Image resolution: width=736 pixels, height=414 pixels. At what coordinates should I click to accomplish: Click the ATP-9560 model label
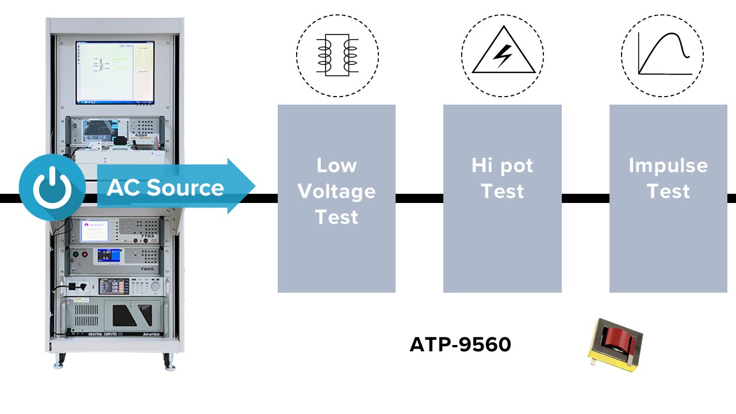click(460, 344)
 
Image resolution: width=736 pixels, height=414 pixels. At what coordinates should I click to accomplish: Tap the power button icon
click(52, 187)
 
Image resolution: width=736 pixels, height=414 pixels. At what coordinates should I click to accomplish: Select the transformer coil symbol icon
click(337, 55)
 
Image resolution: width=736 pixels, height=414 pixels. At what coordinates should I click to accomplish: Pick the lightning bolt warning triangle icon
click(503, 56)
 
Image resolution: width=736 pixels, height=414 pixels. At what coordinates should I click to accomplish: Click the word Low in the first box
click(336, 166)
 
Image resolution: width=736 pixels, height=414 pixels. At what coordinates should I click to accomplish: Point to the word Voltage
click(336, 191)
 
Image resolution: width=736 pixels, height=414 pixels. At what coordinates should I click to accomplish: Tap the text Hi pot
click(502, 166)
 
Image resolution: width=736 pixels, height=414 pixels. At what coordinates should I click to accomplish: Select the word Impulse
click(668, 166)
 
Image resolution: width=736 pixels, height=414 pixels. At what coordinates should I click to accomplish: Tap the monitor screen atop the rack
click(115, 72)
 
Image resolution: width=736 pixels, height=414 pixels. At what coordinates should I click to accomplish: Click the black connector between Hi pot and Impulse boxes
click(585, 198)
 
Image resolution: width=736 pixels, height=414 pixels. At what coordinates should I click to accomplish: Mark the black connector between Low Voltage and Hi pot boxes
click(419, 198)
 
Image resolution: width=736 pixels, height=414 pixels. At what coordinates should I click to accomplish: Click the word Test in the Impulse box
click(668, 191)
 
